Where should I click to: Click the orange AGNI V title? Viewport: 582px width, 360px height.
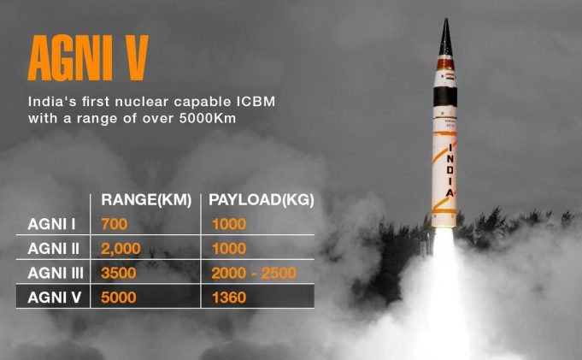[88, 58]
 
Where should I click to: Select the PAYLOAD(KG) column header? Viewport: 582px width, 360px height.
[262, 200]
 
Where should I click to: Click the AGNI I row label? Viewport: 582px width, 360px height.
[52, 225]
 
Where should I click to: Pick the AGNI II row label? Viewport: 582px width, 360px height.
[56, 248]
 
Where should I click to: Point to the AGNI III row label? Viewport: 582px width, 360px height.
[58, 273]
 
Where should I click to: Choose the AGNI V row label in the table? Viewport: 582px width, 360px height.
[54, 297]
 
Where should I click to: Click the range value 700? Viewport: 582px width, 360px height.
[114, 225]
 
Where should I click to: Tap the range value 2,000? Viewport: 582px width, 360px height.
[121, 248]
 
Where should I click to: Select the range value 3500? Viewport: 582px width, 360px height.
[119, 273]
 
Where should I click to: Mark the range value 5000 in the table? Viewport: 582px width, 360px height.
[120, 297]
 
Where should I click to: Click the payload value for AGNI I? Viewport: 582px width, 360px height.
[227, 225]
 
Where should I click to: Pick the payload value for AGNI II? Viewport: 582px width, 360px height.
[227, 248]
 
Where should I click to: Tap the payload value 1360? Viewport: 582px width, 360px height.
[227, 297]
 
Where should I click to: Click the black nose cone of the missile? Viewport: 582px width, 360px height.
[445, 38]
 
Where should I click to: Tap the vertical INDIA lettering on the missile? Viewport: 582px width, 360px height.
[450, 171]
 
